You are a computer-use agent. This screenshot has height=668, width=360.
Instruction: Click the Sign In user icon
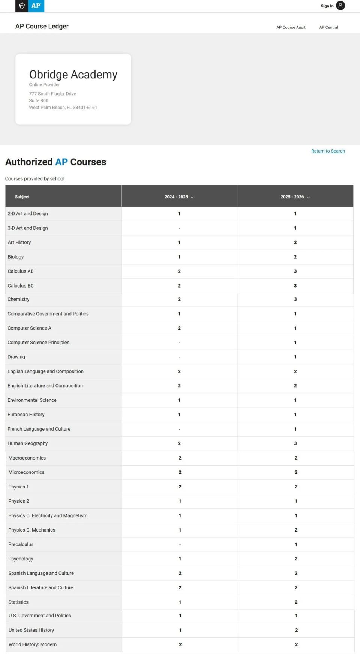pyautogui.click(x=340, y=6)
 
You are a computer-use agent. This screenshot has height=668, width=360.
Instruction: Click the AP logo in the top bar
pyautogui.click(x=36, y=6)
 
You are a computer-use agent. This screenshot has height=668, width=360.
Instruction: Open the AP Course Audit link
pyautogui.click(x=291, y=27)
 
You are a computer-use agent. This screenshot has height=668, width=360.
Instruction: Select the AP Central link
pyautogui.click(x=328, y=27)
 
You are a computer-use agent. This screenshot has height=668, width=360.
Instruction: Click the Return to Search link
pyautogui.click(x=328, y=151)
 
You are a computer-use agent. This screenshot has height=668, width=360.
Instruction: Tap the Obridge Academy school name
pyautogui.click(x=73, y=75)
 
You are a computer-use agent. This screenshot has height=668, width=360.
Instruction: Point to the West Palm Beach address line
pyautogui.click(x=63, y=108)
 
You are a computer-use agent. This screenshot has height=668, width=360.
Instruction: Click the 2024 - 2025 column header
pyautogui.click(x=176, y=197)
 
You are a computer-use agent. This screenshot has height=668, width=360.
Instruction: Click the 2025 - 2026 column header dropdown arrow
pyautogui.click(x=308, y=197)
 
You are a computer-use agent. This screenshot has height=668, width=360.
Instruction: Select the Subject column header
pyautogui.click(x=22, y=197)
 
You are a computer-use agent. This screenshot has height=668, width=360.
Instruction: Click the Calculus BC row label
pyautogui.click(x=21, y=286)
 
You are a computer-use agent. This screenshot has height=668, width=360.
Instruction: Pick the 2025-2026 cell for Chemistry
pyautogui.click(x=295, y=299)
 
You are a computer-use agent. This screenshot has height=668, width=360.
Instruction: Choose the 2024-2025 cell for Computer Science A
pyautogui.click(x=179, y=328)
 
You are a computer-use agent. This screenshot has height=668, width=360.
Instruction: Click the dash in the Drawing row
pyautogui.click(x=179, y=357)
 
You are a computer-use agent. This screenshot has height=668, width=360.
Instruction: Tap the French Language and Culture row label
pyautogui.click(x=39, y=429)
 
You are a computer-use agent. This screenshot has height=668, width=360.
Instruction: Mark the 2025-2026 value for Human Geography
pyautogui.click(x=295, y=443)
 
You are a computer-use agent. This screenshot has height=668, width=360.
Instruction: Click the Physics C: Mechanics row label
pyautogui.click(x=32, y=530)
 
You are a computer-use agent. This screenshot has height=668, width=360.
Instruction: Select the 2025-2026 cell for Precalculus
pyautogui.click(x=296, y=544)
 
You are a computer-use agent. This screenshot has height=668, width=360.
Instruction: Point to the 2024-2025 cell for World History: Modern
pyautogui.click(x=180, y=644)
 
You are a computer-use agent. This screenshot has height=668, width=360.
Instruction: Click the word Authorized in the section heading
pyautogui.click(x=29, y=162)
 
